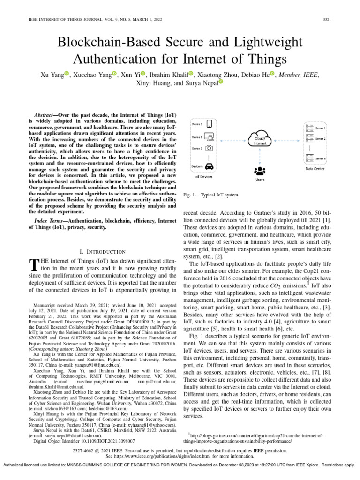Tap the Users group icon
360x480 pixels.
[x=259, y=170]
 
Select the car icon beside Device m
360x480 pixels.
[x=210, y=166]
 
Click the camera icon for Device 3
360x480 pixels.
[x=210, y=148]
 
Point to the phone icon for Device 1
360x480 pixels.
[x=210, y=124]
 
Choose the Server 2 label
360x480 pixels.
[x=321, y=139]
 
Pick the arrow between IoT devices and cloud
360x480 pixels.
[x=233, y=140]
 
